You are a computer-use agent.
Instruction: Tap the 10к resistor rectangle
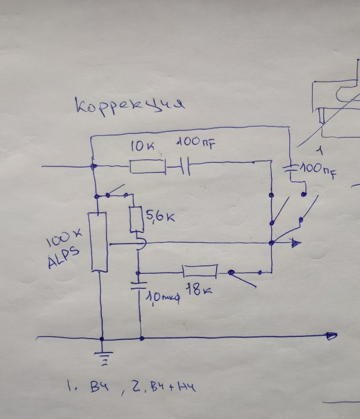pos(147,166)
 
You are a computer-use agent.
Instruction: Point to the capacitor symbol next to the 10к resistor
pos(185,166)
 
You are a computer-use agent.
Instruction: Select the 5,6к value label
pos(159,216)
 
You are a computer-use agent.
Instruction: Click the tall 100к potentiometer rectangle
pos(99,241)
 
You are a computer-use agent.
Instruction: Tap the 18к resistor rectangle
pos(200,272)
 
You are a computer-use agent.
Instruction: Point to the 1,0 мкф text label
pos(161,297)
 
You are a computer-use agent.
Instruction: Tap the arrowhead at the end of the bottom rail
pos(332,336)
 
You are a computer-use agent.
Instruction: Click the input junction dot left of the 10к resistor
pos(93,166)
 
